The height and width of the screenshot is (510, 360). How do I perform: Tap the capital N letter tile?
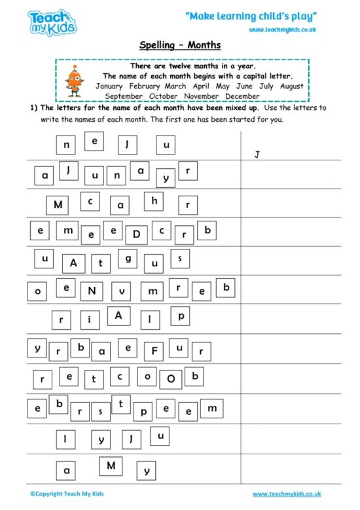click(92, 290)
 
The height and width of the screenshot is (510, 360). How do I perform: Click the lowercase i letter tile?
click(90, 319)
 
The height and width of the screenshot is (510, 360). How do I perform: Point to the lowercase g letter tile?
click(128, 259)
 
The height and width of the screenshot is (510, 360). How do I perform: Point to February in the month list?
click(145, 86)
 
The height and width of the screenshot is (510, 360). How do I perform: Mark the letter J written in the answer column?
click(257, 155)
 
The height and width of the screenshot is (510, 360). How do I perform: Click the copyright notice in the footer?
click(67, 494)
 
